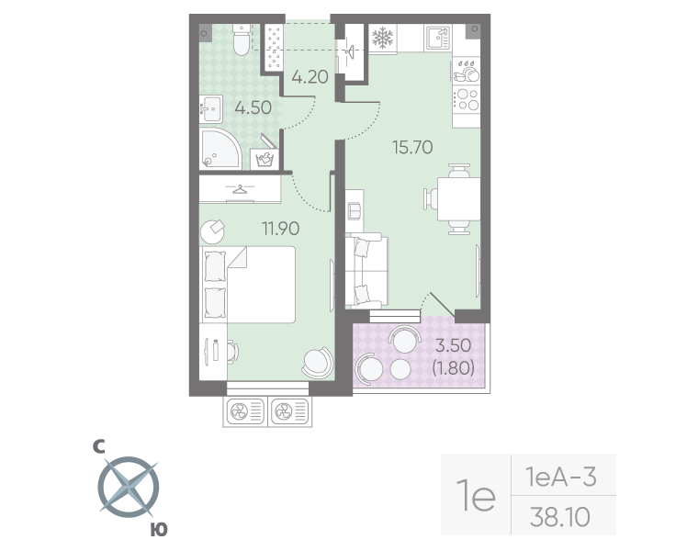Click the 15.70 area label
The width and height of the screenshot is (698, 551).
pos(412,146)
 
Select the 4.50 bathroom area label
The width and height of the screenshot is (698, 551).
pos(253,107)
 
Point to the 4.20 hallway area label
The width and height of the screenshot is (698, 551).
pos(310,77)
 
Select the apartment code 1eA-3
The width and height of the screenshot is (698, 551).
pos(560,478)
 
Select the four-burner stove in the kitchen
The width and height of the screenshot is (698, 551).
pos(467,97)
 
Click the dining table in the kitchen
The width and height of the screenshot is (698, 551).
pos(456,199)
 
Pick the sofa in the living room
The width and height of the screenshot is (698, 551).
pos(366,271)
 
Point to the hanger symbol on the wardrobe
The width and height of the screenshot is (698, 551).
pos(241,190)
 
